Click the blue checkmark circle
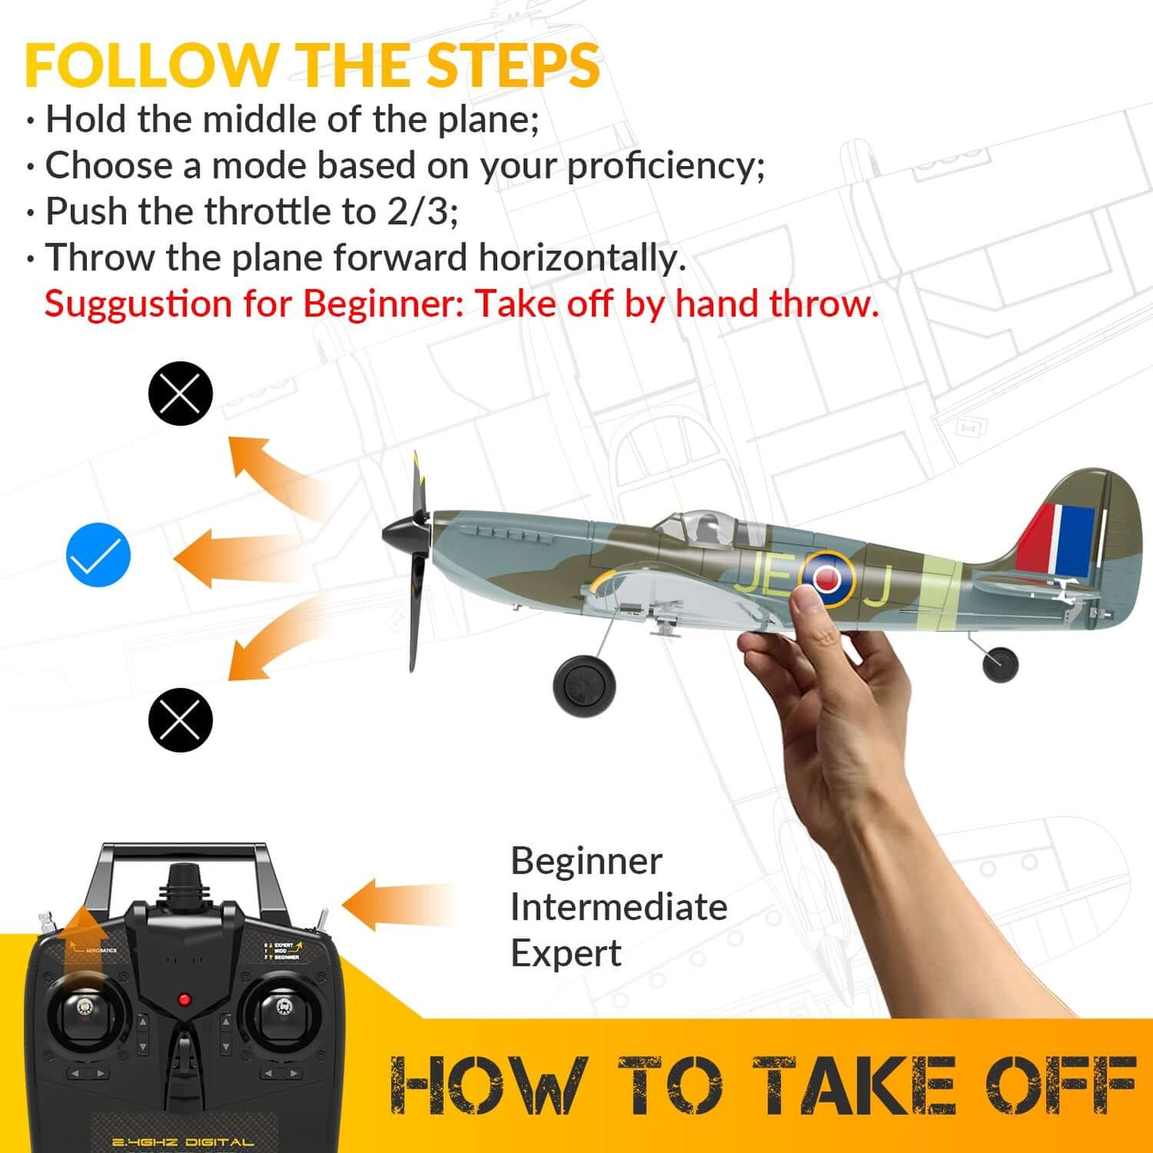[98, 555]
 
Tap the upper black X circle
[180, 393]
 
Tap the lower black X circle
[180, 720]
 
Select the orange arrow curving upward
[271, 475]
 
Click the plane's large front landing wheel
[584, 685]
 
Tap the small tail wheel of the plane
[1001, 664]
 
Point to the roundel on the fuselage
[827, 579]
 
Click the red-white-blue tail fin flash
[1056, 540]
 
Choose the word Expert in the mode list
[566, 954]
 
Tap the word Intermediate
[618, 907]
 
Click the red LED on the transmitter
[184, 1000]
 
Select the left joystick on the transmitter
[84, 1009]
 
